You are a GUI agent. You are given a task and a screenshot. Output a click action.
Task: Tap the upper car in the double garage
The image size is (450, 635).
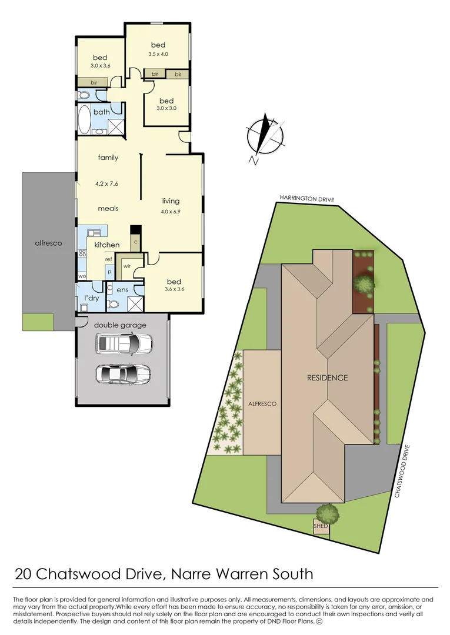(124, 343)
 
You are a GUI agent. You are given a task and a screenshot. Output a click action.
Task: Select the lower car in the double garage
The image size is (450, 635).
(124, 374)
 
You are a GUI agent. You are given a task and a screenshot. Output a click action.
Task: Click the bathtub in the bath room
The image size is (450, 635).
(85, 120)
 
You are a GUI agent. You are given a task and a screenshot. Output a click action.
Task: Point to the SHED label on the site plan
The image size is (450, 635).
(321, 526)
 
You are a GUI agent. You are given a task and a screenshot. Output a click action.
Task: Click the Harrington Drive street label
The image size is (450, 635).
(307, 199)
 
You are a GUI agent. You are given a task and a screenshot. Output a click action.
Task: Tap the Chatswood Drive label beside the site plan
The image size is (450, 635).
(402, 472)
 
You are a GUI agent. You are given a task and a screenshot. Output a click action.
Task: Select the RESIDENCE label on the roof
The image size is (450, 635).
(327, 378)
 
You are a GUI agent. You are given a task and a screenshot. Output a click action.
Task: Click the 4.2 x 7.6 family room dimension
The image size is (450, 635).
(106, 183)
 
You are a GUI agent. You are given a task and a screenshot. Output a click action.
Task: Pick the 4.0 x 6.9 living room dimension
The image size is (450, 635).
(171, 211)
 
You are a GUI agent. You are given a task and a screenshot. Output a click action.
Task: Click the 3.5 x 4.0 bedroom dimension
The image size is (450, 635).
(158, 54)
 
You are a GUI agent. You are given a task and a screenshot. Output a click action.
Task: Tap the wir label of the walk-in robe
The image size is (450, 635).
(127, 266)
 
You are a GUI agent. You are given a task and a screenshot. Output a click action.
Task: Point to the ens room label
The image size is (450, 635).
(122, 290)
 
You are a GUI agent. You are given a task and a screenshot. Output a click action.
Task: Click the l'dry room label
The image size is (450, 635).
(92, 299)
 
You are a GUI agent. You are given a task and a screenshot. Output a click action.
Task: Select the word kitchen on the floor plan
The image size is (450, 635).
(107, 245)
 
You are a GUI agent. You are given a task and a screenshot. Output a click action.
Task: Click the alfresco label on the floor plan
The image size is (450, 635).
(49, 243)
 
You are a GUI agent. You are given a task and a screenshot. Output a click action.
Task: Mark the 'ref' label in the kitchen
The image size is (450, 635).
(109, 259)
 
